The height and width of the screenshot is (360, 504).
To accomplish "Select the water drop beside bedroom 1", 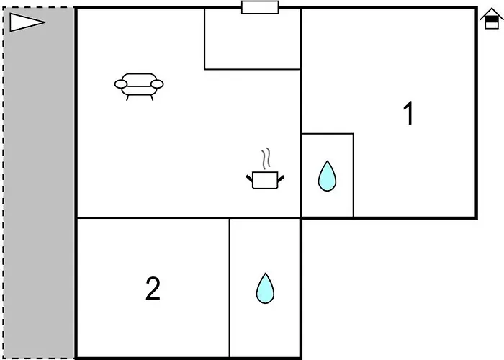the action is coord(327,176).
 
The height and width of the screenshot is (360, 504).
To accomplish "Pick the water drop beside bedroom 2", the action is coord(265,289).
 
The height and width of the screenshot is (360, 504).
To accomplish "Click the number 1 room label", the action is coord(408,113).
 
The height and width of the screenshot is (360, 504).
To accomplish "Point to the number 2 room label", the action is coord(153,289).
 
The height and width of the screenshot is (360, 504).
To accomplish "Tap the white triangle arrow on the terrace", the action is coord(27,22).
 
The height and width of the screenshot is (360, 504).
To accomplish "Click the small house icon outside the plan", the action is coord(492,19).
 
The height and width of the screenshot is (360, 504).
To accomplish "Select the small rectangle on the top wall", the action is coord(260,7).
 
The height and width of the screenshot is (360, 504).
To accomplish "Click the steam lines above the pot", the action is coord(266,158).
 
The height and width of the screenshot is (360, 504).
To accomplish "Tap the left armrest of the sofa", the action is coord(121,84).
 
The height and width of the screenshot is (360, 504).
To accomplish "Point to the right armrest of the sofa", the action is coord(157,84).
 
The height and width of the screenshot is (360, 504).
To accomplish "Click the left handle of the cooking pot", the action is coord(250,179).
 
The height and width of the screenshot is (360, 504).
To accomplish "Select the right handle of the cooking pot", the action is coord(281,179).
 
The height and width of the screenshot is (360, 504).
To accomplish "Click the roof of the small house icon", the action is coord(492,14).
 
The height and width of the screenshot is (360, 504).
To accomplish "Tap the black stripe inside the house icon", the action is coord(492,19).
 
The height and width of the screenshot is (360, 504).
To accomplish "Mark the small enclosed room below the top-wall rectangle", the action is coord(253,39).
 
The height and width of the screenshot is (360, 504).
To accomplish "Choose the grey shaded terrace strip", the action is coord(39,183).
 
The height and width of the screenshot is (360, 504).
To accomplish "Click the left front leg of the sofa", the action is coord(127,98).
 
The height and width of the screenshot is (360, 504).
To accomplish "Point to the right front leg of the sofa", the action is coord(152,98).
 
